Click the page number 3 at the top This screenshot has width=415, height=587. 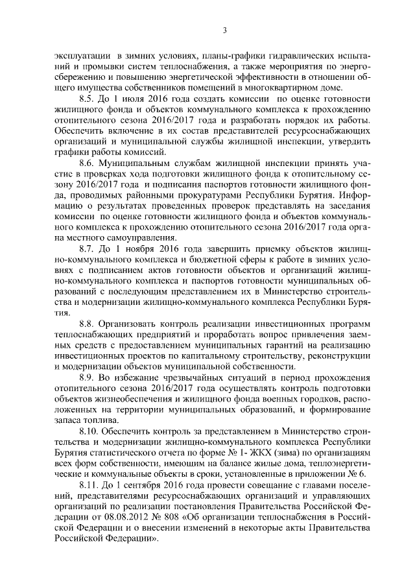(x=224, y=29)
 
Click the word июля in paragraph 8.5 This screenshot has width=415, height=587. (x=138, y=99)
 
